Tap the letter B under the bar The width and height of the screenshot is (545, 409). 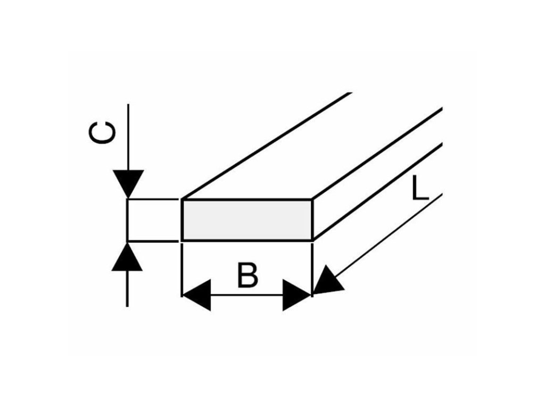247,275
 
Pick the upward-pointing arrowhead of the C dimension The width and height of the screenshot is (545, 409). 128,257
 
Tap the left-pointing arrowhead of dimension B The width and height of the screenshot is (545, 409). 196,295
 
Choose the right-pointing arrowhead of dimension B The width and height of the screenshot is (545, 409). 297,295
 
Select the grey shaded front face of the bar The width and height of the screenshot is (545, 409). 246,219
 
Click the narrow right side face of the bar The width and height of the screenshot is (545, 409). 373,181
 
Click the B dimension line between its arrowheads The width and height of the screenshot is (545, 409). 246,295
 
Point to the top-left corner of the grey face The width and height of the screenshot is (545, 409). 183,200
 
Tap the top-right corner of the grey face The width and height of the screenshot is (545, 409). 311,200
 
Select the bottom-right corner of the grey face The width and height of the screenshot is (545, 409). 311,240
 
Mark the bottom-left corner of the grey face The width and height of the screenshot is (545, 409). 183,240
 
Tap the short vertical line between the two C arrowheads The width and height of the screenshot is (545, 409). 128,220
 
